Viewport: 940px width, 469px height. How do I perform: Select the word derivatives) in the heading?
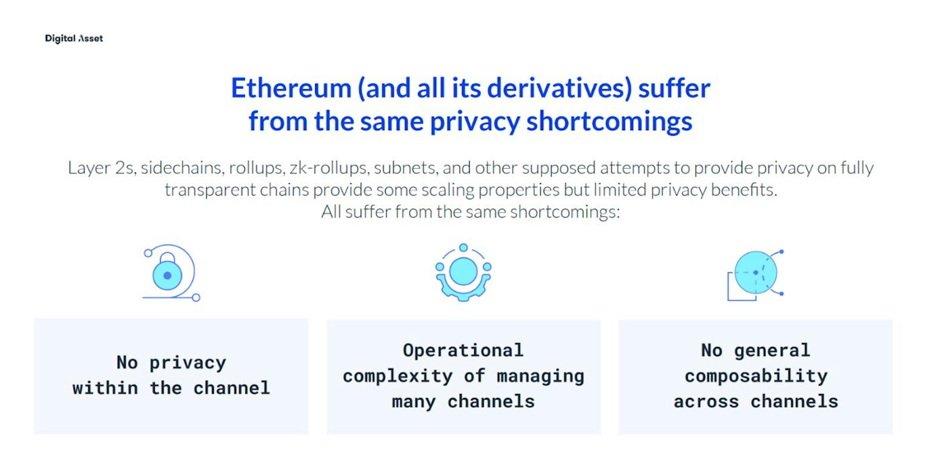tap(559, 89)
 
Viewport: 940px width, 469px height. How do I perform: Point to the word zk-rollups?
tap(329, 168)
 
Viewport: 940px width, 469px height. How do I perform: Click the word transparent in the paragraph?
tap(210, 190)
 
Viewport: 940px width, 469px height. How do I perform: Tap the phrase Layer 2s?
tap(102, 168)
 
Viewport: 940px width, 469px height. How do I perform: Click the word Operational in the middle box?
tap(463, 350)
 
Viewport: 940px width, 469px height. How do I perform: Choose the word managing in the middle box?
tap(540, 376)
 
